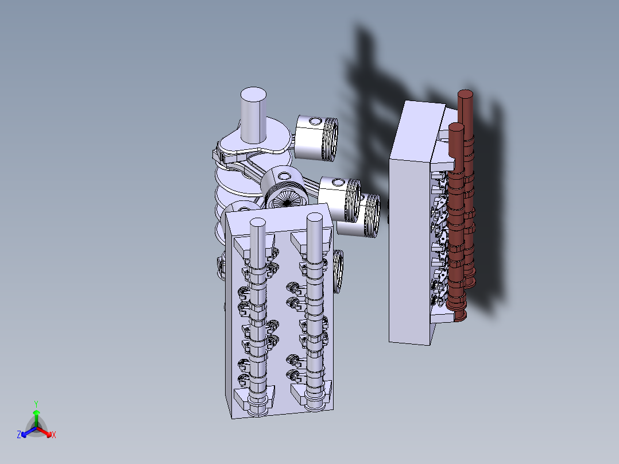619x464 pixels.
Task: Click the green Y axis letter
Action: tap(36, 404)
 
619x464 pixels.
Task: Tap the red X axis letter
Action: tap(54, 435)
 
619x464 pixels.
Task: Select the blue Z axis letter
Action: tap(19, 435)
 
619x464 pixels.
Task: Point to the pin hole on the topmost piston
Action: tap(316, 121)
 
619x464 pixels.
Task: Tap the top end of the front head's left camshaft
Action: tap(258, 223)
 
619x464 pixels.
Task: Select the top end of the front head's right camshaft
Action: tap(314, 218)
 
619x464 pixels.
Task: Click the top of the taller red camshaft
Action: tap(466, 95)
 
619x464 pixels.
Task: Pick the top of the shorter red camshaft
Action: tap(455, 128)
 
